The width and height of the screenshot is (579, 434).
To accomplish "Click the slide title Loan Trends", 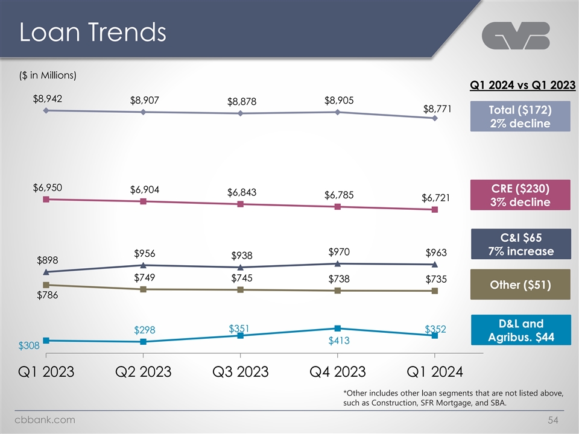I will pos(92,33).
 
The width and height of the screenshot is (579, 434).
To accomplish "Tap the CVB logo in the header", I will pos(516,37).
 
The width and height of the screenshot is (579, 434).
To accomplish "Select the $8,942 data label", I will pos(48,98).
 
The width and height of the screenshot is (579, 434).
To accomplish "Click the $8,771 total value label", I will pos(437,109).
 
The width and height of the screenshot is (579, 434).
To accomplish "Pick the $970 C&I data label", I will pos(340,251).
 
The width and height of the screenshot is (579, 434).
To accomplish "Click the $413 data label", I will pos(339,341).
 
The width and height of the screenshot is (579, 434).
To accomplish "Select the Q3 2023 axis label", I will pos(241,371).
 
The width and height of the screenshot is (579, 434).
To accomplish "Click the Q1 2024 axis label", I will pos(434,371).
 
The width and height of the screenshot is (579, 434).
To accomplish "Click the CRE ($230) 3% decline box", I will pos(520,193).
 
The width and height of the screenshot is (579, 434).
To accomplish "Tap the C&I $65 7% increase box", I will pos(520,244).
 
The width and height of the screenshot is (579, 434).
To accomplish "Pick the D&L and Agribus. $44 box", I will pos(520,330).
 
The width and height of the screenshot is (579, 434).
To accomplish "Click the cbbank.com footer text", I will pos(46,420).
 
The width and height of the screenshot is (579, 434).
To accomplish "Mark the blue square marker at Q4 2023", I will pos(338,329).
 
